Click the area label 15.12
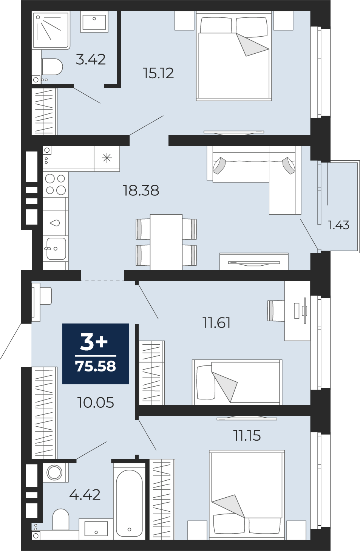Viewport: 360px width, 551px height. click(x=158, y=73)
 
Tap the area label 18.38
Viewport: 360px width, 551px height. click(x=141, y=190)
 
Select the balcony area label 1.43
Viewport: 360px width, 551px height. click(x=338, y=225)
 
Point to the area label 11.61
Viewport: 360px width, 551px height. click(x=216, y=323)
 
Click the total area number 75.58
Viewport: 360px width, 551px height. click(x=96, y=367)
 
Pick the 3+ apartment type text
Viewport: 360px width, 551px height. click(x=94, y=342)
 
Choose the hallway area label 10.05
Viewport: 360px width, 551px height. click(x=96, y=403)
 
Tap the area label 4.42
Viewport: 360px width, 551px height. click(x=85, y=495)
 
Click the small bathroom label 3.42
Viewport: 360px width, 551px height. click(x=91, y=59)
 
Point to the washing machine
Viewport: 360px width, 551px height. click(x=55, y=472)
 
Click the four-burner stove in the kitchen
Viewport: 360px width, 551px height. click(x=56, y=184)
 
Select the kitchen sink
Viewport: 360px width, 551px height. click(x=56, y=248)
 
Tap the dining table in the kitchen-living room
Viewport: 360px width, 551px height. click(x=166, y=242)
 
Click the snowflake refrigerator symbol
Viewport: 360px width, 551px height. click(x=107, y=158)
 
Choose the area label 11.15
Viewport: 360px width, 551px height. click(x=247, y=436)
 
